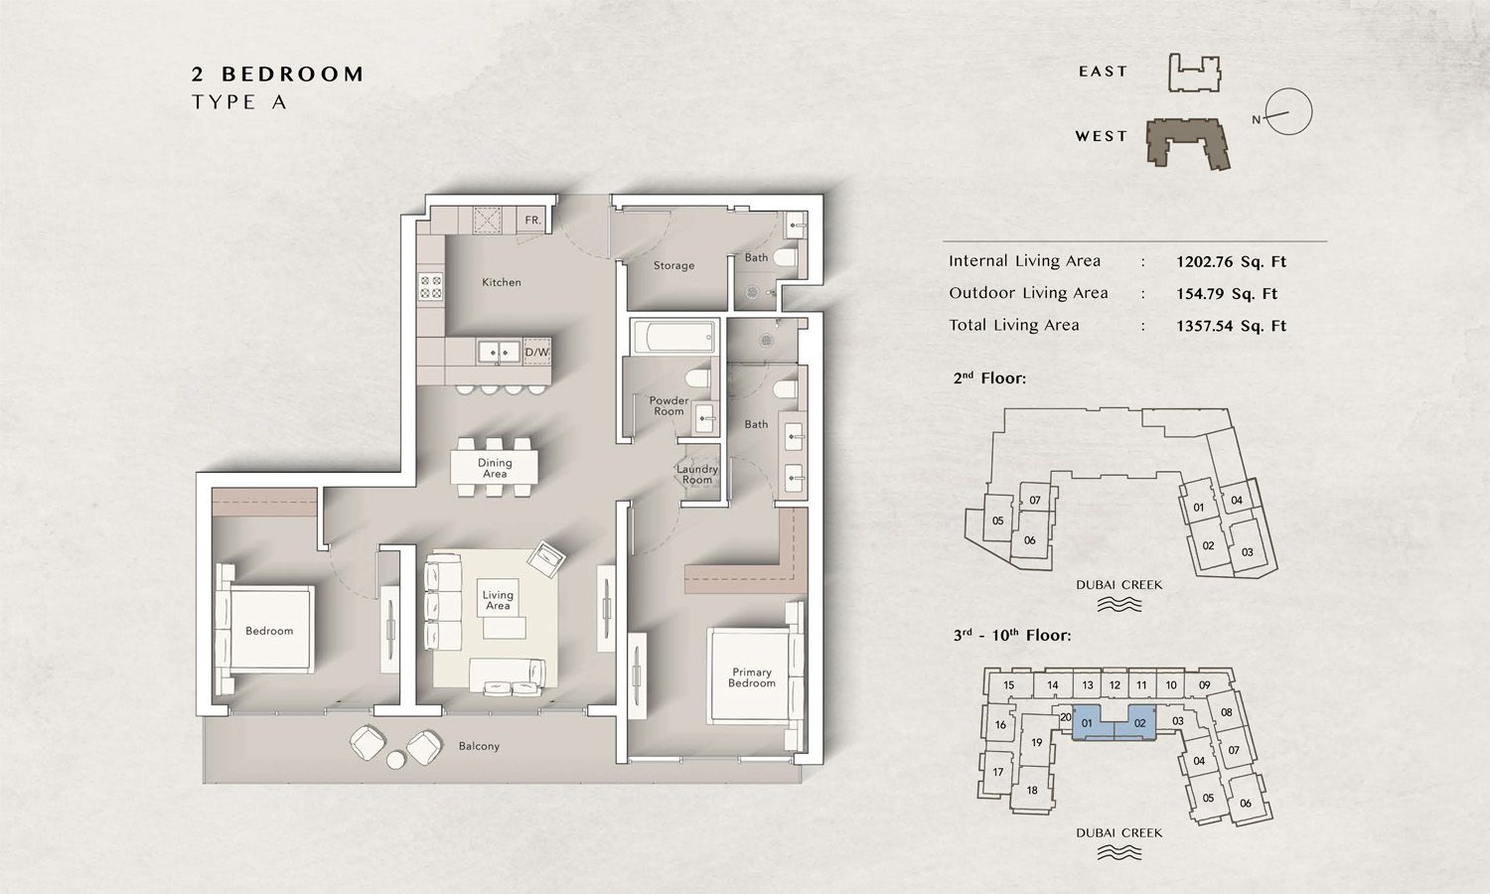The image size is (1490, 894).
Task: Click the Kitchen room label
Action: (x=501, y=282)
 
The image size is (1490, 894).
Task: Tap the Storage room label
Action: (x=673, y=265)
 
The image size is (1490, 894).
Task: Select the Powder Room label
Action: (x=669, y=405)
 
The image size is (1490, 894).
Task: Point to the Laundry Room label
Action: (x=696, y=474)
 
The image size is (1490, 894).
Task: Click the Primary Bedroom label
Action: (x=751, y=677)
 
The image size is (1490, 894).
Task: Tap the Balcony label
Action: (x=479, y=746)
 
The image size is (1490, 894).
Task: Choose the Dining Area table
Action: (x=495, y=467)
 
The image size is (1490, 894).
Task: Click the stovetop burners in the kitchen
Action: (x=430, y=287)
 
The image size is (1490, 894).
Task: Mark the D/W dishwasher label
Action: (x=536, y=352)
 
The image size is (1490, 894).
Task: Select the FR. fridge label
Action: (x=532, y=221)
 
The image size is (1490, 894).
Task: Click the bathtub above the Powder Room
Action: (x=673, y=336)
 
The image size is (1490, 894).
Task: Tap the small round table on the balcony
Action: (x=396, y=760)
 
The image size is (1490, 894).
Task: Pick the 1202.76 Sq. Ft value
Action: (x=1231, y=262)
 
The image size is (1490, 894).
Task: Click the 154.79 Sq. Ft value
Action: (x=1227, y=294)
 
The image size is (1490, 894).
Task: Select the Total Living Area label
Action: (x=1013, y=326)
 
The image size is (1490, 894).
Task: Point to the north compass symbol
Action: (x=1288, y=112)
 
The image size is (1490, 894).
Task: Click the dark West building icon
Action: (x=1188, y=144)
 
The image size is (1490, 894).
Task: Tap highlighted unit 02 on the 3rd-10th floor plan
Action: (x=1139, y=723)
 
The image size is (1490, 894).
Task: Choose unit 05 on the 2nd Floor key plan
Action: (x=997, y=521)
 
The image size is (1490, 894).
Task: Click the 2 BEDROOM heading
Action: (x=278, y=74)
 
